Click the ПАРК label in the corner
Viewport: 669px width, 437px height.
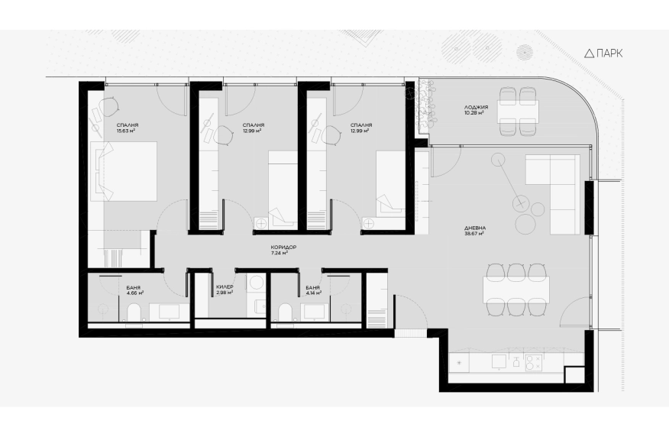[x=609, y=53]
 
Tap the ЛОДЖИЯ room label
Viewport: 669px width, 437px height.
[x=476, y=108]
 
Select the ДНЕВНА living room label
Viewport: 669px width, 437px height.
[x=475, y=228]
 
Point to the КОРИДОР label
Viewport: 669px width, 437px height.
[x=283, y=248]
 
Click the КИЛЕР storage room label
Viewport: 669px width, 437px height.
[x=225, y=287]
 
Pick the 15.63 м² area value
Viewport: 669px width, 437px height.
[x=126, y=131]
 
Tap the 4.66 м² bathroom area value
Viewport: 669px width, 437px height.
[x=135, y=293]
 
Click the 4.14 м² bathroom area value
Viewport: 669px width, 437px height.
[x=314, y=293]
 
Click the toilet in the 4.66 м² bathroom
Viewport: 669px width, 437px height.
[x=134, y=312]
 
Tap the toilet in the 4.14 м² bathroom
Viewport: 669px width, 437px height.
[x=285, y=312]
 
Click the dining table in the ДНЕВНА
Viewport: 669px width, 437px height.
[x=516, y=290]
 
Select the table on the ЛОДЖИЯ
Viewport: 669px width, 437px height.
[x=518, y=111]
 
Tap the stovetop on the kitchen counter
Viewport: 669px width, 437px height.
[x=533, y=363]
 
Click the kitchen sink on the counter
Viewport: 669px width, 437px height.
[x=499, y=362]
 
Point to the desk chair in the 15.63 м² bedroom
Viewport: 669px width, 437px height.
[x=110, y=106]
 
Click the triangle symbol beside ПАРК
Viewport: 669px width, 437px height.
[x=589, y=53]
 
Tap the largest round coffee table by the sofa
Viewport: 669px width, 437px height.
[x=525, y=223]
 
